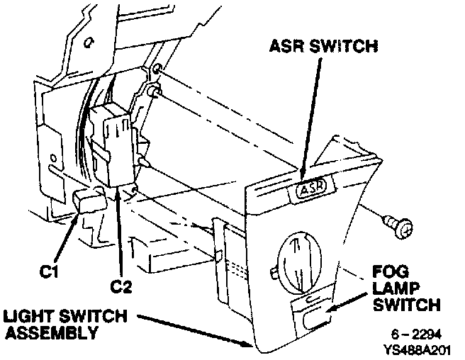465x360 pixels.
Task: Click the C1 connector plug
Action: click(x=89, y=203)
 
